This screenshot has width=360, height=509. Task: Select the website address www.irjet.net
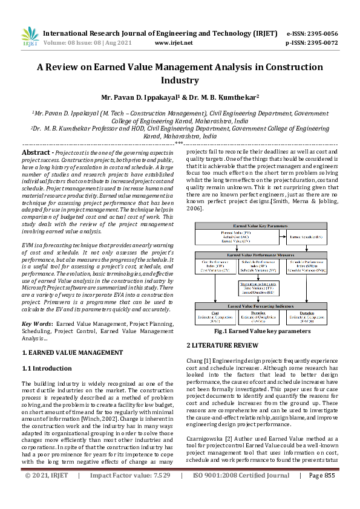pyautogui.click(x=174, y=44)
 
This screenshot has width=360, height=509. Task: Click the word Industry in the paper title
pyautogui.click(x=180, y=80)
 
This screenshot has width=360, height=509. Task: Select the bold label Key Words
pyautogui.click(x=38, y=324)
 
